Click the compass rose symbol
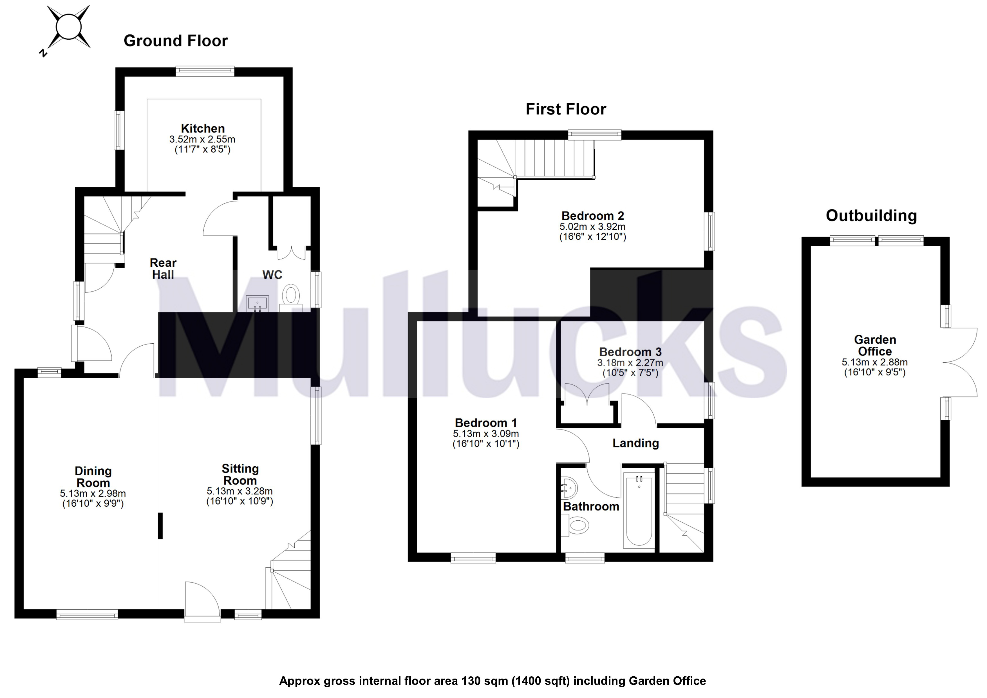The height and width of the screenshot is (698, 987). [x=69, y=27]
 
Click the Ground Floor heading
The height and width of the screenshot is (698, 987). [x=175, y=41]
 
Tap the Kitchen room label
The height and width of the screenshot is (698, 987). [x=202, y=129]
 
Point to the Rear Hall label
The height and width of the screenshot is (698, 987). [x=163, y=269]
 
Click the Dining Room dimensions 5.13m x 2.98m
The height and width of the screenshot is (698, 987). [x=93, y=494]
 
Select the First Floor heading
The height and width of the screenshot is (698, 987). [x=565, y=109]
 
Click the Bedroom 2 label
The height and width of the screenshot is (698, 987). [x=592, y=216]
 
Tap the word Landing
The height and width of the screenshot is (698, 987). [x=635, y=443]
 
